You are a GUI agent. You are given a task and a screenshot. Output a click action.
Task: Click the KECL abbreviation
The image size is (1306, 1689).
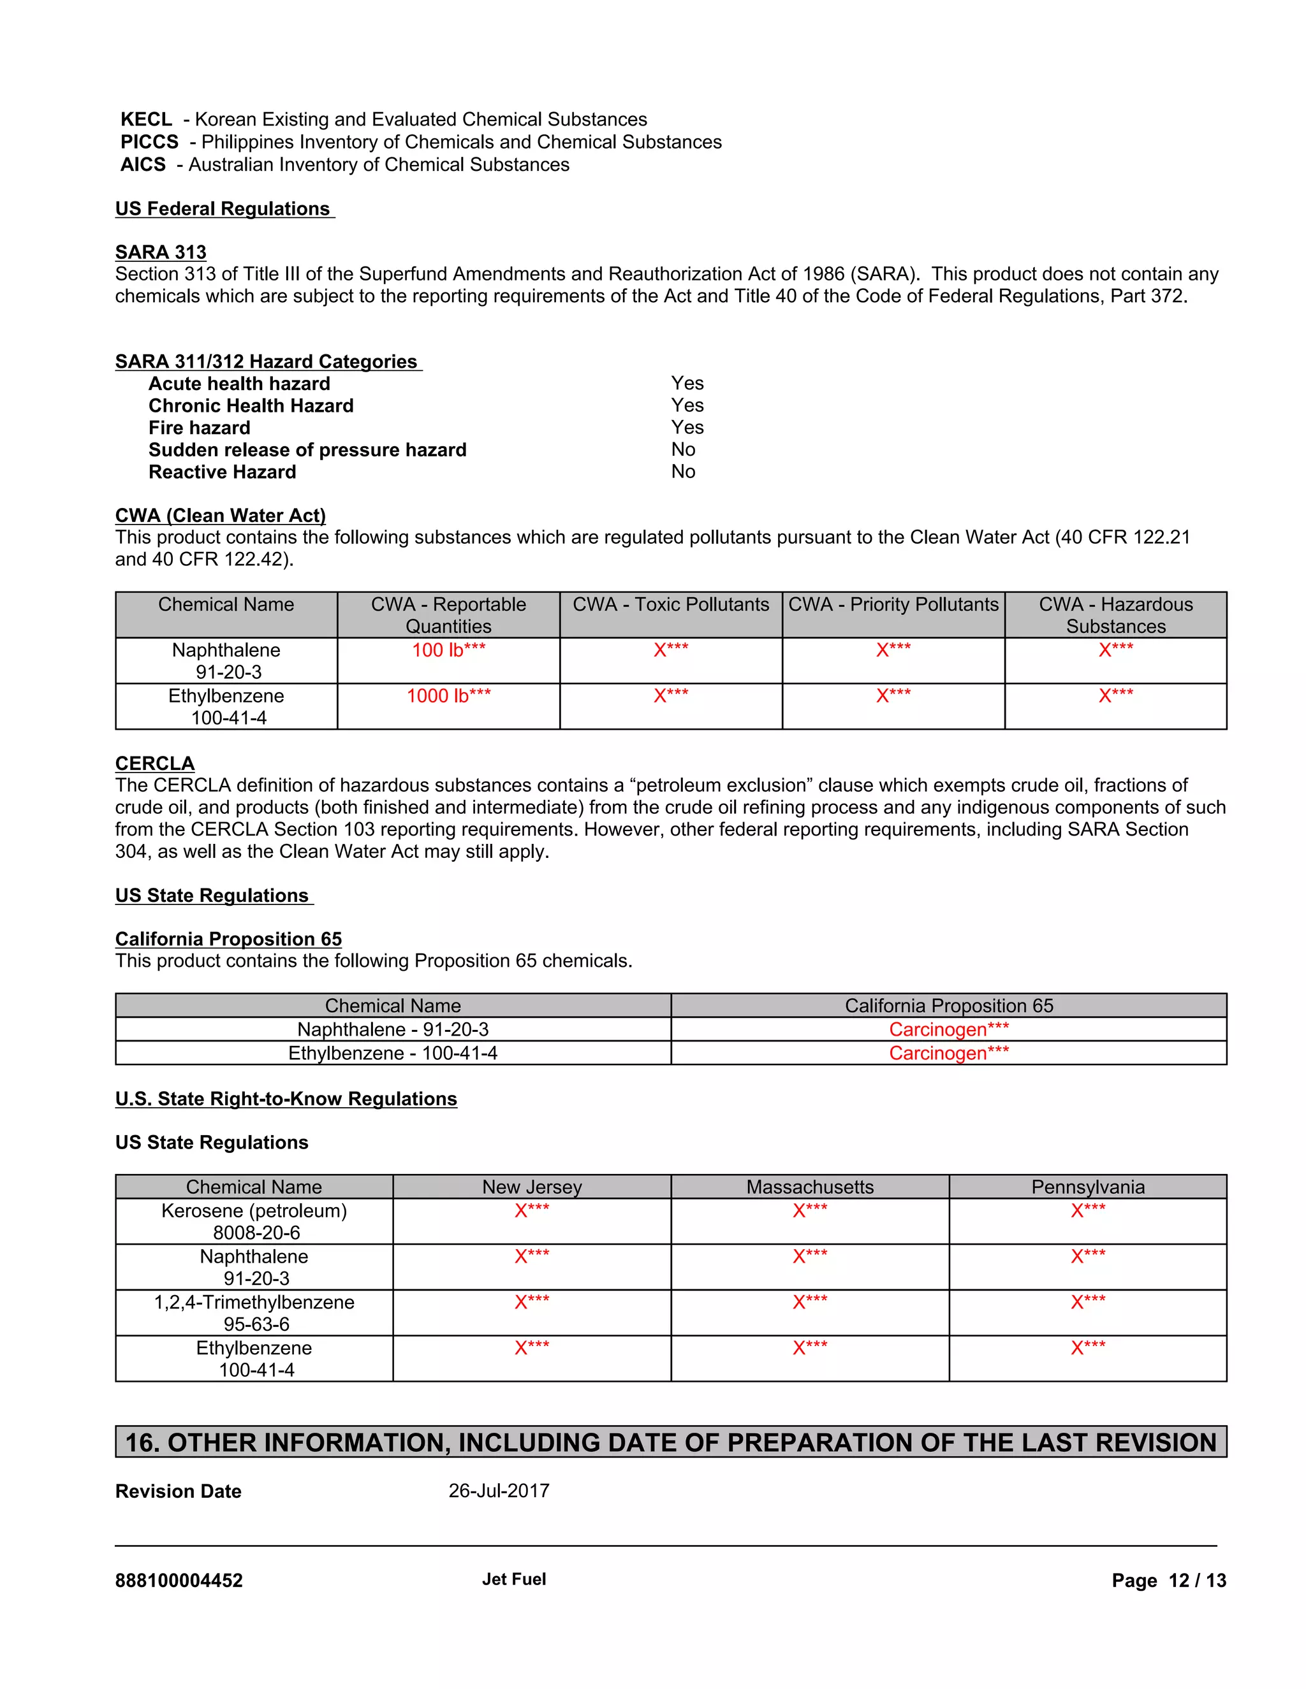(x=146, y=119)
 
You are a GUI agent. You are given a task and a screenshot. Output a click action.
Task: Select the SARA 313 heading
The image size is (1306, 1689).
(x=161, y=252)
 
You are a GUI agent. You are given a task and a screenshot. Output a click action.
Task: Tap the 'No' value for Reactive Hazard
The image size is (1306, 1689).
(x=683, y=472)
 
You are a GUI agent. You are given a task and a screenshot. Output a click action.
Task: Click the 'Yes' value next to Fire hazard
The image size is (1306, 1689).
(x=687, y=428)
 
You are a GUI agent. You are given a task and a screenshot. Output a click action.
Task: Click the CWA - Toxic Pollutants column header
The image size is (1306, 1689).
(x=670, y=605)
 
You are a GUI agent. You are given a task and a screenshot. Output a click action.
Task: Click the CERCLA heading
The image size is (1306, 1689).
(x=155, y=764)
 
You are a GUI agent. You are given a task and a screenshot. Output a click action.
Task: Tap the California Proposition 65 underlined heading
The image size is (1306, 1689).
(x=228, y=939)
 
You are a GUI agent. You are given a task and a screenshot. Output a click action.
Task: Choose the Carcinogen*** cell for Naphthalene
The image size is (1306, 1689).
(x=948, y=1029)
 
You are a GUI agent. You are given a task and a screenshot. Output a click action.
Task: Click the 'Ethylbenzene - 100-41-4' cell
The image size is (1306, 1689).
(x=392, y=1054)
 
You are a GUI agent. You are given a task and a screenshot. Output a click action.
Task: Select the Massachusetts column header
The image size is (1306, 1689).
(x=809, y=1187)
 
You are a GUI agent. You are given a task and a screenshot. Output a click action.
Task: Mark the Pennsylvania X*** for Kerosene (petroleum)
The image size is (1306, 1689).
(x=1088, y=1211)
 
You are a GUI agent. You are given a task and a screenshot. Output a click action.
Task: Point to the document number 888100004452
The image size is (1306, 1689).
(x=179, y=1581)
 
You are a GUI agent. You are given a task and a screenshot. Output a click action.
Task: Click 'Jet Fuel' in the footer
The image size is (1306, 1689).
(x=514, y=1579)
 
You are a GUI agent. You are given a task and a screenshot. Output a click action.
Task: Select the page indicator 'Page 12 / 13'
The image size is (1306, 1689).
(x=1168, y=1581)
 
